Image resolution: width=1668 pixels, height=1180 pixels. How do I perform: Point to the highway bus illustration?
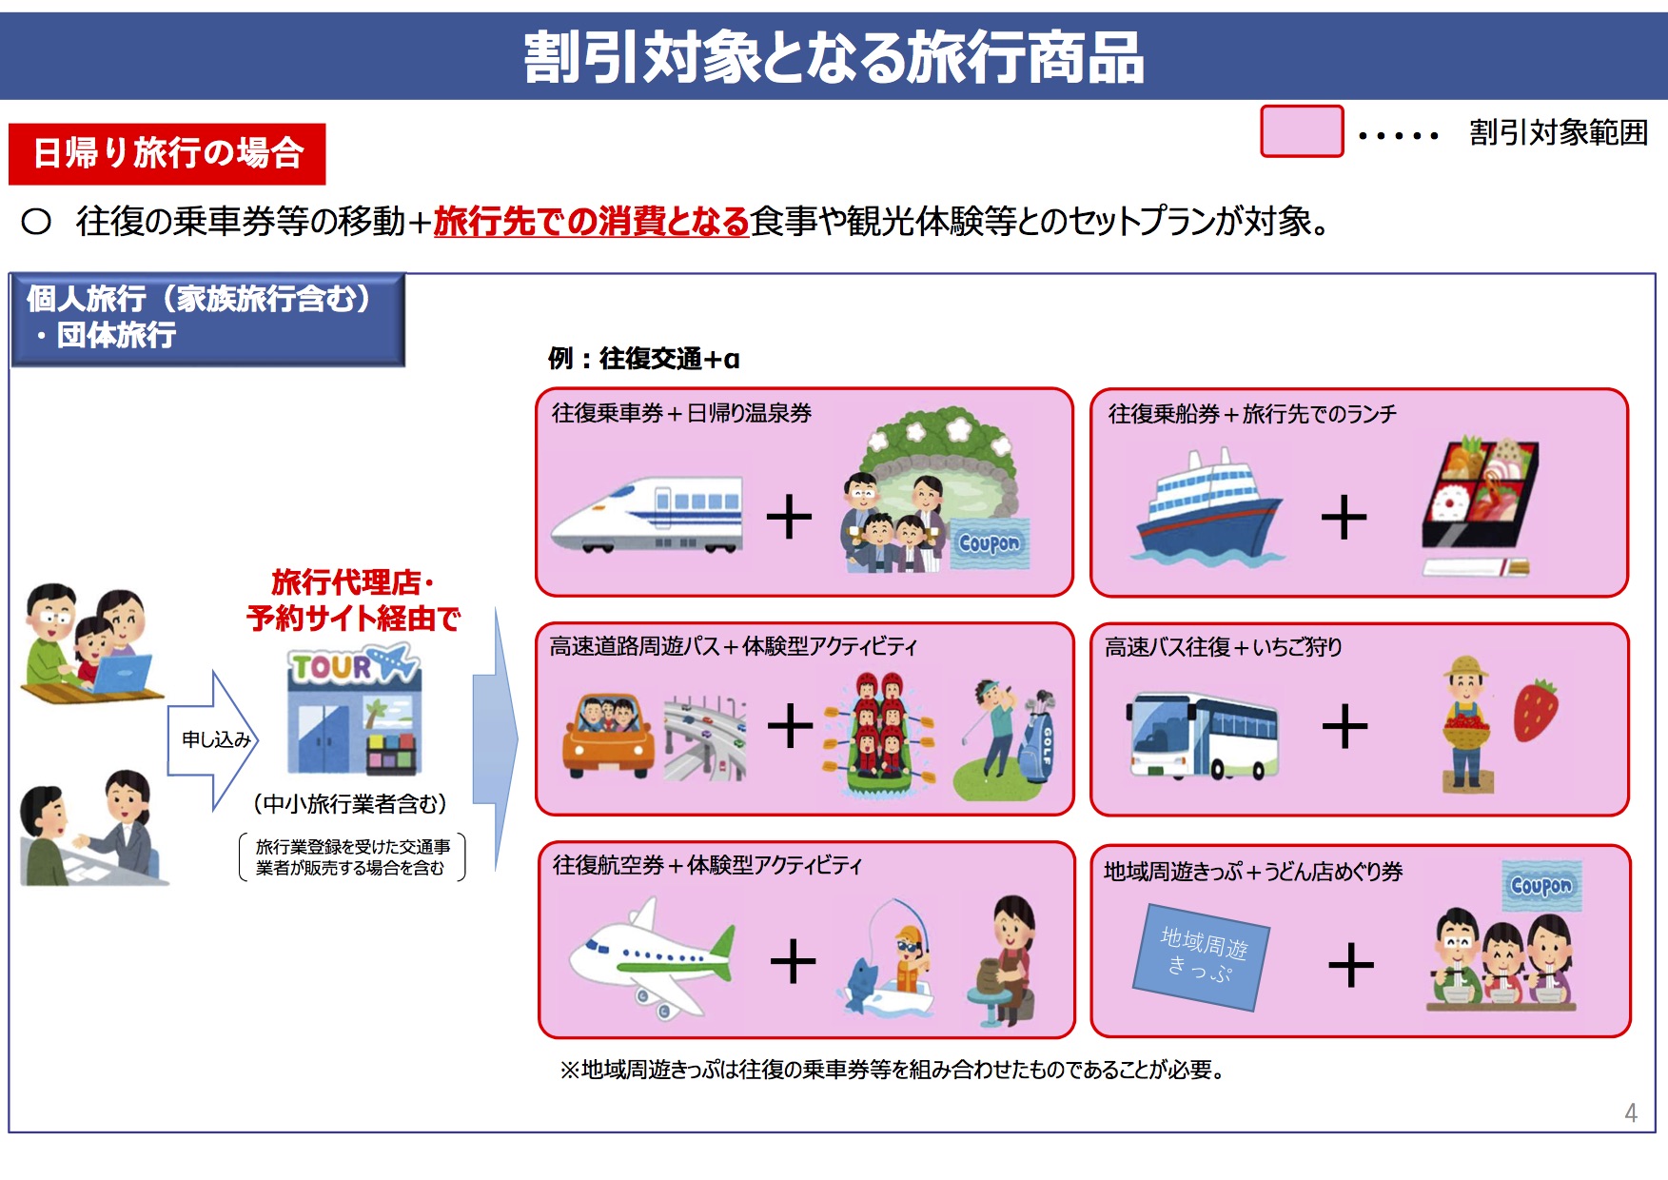pos(1204,735)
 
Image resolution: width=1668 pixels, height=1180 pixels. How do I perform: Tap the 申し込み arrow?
pos(213,739)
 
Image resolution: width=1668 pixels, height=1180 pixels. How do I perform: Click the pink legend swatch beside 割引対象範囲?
pos(1302,131)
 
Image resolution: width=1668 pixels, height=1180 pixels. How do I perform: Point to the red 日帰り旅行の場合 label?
pos(167,153)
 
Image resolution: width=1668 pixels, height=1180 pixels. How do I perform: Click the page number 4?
pos(1631,1112)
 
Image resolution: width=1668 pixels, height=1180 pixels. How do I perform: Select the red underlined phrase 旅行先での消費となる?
pos(591,221)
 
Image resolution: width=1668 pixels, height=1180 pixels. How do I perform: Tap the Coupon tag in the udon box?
pos(1541,885)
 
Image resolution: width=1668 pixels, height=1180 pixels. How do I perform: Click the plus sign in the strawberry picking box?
pos(1344,727)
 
